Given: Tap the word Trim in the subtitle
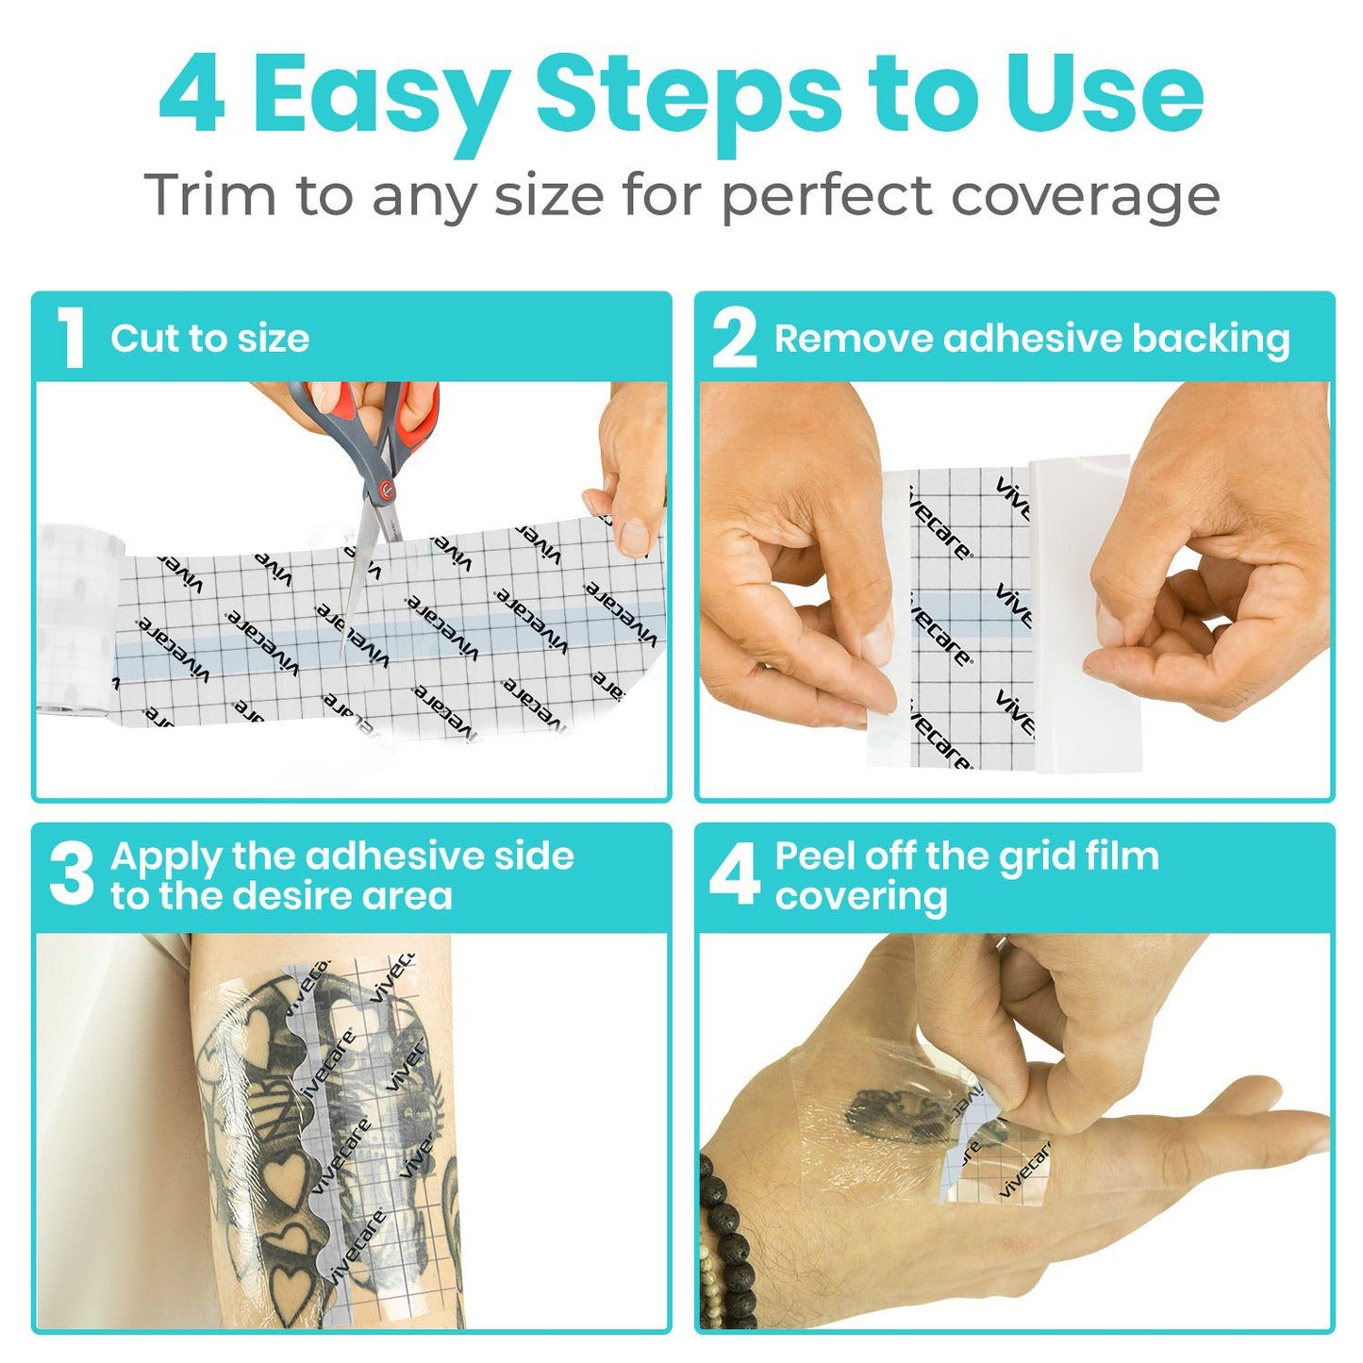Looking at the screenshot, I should click(x=210, y=195).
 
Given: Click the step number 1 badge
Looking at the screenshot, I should click(x=71, y=339).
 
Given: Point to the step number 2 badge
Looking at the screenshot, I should click(x=735, y=339).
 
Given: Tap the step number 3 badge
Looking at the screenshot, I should click(x=72, y=874).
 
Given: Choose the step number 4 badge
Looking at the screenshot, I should click(x=735, y=874).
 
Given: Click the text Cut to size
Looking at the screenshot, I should click(x=209, y=339).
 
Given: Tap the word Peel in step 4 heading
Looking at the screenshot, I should click(x=813, y=856).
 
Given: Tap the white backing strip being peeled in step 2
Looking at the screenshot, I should click(x=1085, y=613).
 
